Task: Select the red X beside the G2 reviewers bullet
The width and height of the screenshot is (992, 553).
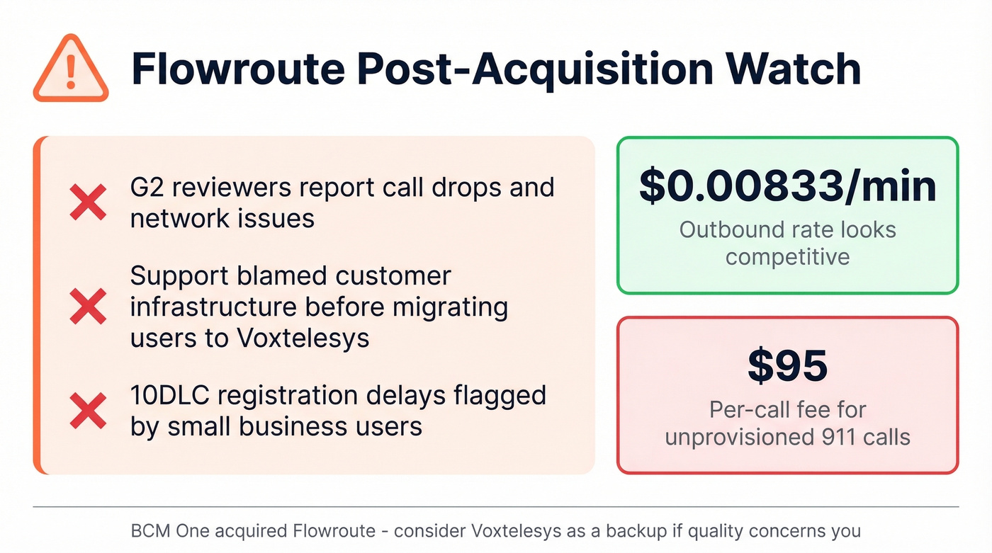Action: (x=88, y=202)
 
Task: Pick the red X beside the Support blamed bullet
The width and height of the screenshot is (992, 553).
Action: (x=88, y=307)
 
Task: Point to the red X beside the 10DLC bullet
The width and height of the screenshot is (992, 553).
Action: (x=88, y=411)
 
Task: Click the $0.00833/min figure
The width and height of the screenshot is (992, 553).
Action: (x=787, y=186)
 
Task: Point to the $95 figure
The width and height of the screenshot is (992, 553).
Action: (x=787, y=366)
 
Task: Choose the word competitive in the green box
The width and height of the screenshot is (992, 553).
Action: (x=787, y=256)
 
